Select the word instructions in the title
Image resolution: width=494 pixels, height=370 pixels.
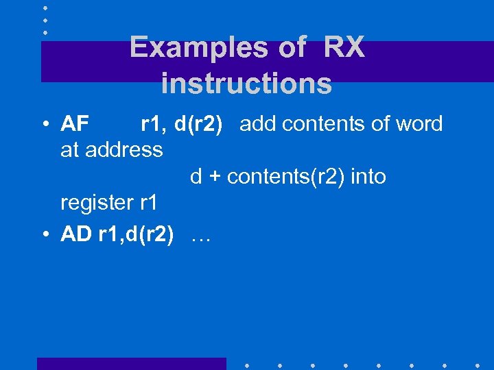[x=246, y=84]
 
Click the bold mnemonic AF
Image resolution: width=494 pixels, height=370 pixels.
[x=75, y=124]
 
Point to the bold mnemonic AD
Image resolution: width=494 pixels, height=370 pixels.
[x=76, y=235]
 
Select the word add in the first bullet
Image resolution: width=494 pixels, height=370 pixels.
[x=258, y=124]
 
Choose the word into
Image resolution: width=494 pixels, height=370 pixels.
[x=368, y=177]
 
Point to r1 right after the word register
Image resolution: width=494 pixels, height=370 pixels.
[x=148, y=203]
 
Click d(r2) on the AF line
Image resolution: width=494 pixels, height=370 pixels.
[x=198, y=124]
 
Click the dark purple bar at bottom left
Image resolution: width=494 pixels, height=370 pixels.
[x=131, y=363]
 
